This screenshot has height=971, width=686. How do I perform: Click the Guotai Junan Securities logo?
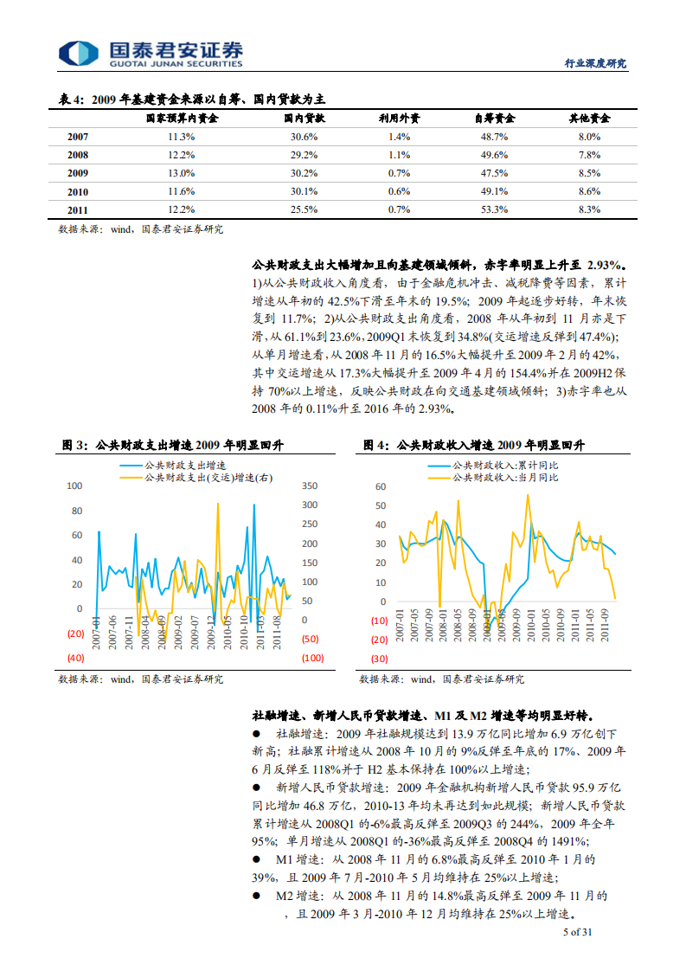point(151,53)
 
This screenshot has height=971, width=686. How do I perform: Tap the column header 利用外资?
point(399,119)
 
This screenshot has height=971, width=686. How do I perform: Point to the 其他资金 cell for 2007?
point(588,137)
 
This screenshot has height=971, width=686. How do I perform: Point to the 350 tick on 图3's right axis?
point(310,486)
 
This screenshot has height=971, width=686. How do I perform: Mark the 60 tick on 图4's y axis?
point(380,486)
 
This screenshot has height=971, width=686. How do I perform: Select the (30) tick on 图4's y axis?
point(379,659)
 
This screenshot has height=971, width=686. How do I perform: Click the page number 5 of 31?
point(577,932)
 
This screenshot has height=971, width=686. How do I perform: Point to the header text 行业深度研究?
point(595,63)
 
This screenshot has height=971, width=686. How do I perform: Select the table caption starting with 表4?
point(192,100)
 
